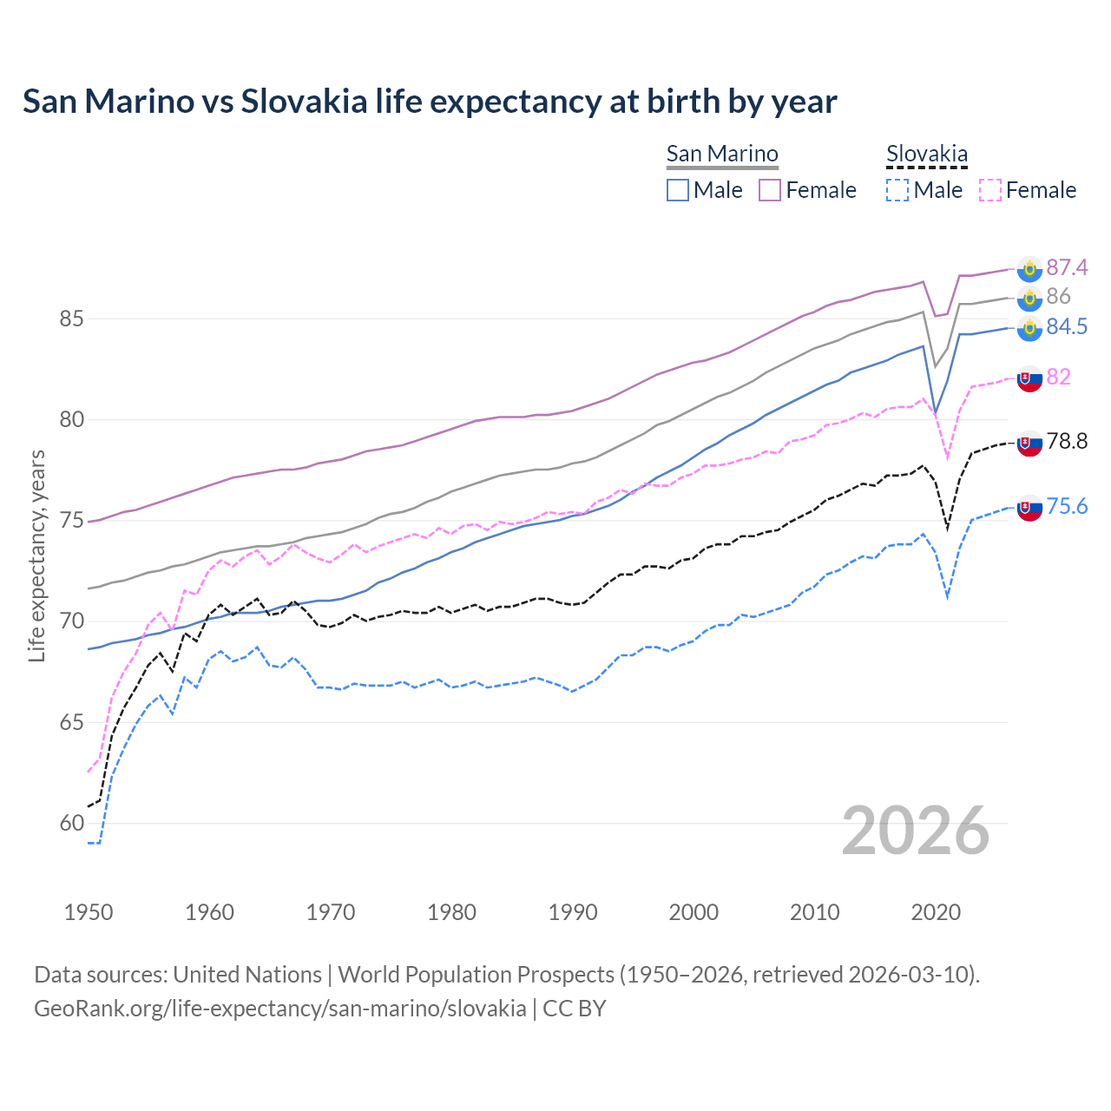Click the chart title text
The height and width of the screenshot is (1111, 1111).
pos(430,102)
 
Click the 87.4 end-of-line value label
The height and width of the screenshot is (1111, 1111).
pos(1067,267)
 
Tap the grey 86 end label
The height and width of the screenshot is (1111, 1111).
pos(1058,297)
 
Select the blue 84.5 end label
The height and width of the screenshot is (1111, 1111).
pos(1067,326)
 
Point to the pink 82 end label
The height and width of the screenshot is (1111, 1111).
pos(1058,377)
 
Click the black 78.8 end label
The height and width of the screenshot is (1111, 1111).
pos(1067,442)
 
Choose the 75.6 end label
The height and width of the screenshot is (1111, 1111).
pos(1067,506)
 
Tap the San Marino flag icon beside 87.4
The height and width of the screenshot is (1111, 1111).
pos(1029,269)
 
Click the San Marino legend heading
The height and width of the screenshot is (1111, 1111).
pos(722,154)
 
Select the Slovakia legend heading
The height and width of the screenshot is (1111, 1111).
pos(926,154)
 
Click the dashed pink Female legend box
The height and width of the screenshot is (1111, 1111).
pos(990,190)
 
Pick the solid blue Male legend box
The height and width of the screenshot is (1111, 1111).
pos(678,190)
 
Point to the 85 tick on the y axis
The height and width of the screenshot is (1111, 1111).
pos(71,319)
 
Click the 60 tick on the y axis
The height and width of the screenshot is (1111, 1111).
pos(71,823)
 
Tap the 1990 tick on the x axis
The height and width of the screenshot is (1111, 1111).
pos(573,912)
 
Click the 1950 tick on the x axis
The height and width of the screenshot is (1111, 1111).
pos(89,912)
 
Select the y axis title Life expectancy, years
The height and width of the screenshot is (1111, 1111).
pos(36,555)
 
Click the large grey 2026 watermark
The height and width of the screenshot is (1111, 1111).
pos(916,831)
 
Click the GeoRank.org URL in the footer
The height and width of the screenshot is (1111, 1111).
pos(279,1009)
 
